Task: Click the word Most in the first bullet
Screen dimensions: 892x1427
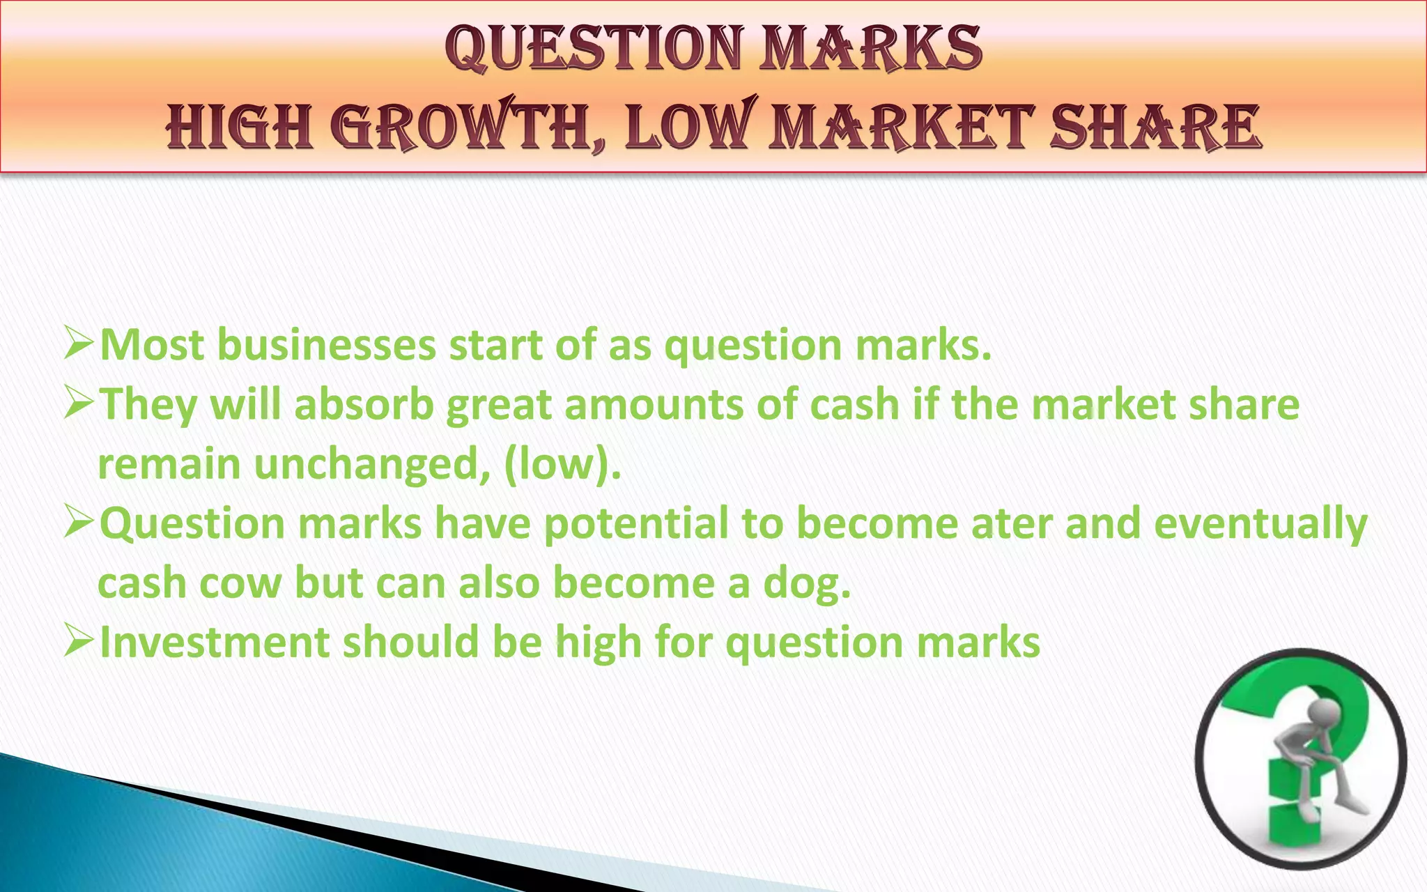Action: pyautogui.click(x=152, y=345)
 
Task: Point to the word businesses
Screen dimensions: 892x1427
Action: pyautogui.click(x=326, y=345)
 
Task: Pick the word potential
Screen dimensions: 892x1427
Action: pyautogui.click(x=635, y=523)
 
